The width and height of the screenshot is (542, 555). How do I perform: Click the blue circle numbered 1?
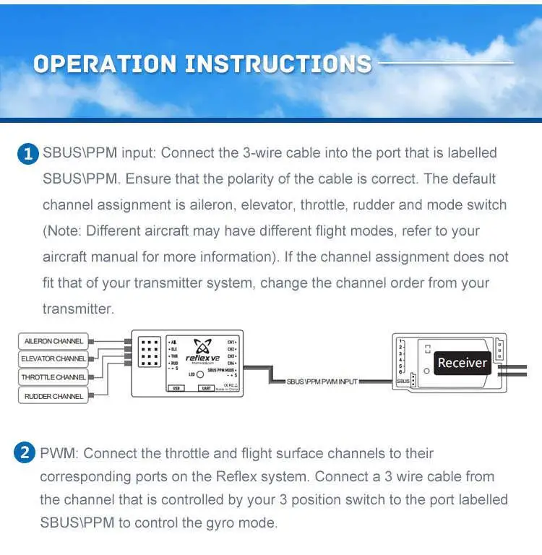(28, 154)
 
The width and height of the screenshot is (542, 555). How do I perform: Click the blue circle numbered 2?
(25, 454)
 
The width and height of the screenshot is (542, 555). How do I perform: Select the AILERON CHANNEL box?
(53, 341)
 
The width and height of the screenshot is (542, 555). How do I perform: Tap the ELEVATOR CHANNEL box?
(53, 359)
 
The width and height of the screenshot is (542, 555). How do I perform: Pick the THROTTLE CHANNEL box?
(53, 377)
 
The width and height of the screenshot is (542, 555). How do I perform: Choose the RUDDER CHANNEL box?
(53, 396)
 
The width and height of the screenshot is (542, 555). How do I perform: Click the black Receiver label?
(462, 363)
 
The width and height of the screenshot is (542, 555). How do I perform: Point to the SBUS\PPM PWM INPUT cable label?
(322, 382)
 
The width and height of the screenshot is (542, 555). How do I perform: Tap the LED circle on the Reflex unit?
(199, 374)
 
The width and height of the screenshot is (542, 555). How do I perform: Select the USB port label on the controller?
(176, 388)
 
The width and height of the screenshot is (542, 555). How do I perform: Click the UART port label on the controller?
(205, 388)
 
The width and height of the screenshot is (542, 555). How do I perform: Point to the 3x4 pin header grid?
(150, 351)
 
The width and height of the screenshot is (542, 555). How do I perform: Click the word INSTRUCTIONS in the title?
(278, 64)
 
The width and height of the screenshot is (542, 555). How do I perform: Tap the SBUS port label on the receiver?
(403, 380)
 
